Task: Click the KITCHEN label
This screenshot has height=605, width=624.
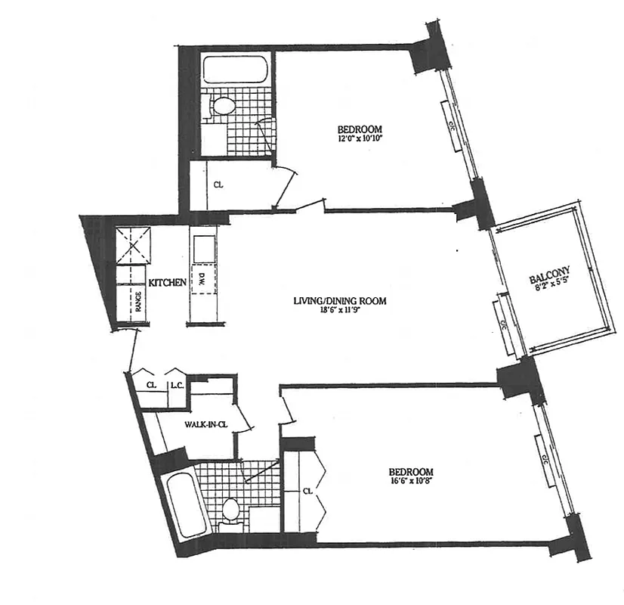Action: (167, 282)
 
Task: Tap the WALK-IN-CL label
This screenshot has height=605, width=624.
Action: (206, 425)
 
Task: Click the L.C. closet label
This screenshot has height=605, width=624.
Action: (178, 384)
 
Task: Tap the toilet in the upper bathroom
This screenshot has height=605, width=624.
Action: (223, 106)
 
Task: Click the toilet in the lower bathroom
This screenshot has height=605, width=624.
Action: (230, 512)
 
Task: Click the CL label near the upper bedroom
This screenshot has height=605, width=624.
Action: (218, 184)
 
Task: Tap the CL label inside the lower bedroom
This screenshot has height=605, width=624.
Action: (307, 490)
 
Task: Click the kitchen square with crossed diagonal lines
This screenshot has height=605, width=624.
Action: (133, 244)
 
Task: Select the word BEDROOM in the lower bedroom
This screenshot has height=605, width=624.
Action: (412, 472)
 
